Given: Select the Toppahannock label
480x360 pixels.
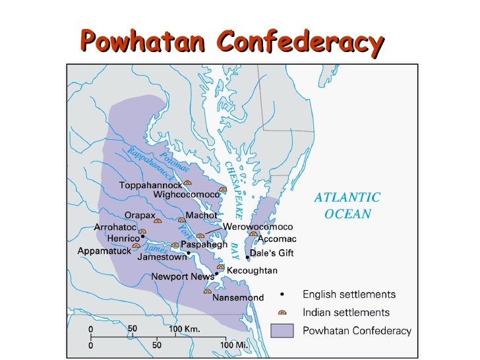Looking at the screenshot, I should click(150, 185).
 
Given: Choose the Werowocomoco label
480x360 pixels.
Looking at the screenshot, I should click(257, 226).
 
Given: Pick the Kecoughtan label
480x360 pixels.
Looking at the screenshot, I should click(252, 270).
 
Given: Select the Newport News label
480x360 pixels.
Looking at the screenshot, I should click(182, 276).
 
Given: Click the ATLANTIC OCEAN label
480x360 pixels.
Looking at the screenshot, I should click(347, 205).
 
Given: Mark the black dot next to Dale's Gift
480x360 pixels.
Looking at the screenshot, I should click(247, 257).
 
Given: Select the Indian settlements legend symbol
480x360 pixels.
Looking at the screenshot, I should click(282, 313).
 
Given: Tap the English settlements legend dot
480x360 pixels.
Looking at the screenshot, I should click(282, 294).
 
